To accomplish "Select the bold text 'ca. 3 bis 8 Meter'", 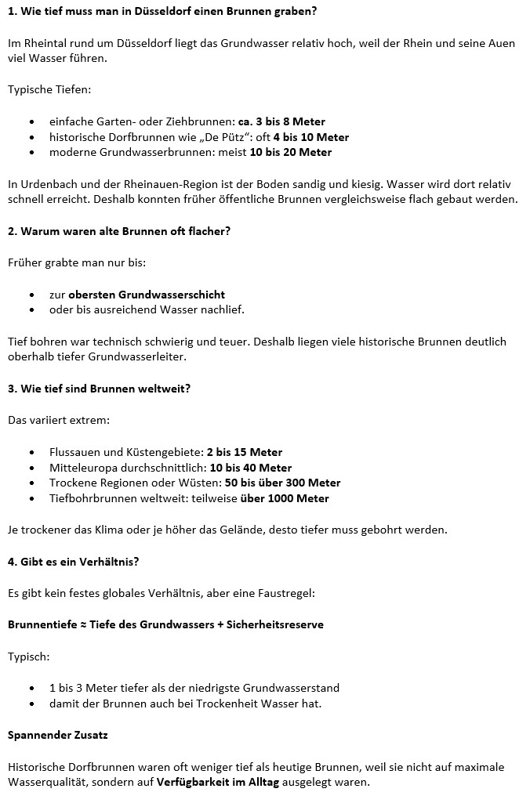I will tap(281, 121).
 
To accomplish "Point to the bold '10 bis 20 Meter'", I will tap(289, 152).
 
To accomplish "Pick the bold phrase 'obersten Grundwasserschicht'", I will tap(147, 295).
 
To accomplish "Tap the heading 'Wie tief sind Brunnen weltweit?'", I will tap(105, 389).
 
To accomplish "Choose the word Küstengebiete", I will tap(162, 452).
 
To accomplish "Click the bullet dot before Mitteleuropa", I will tap(31, 468).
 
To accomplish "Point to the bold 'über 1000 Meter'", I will tap(285, 498).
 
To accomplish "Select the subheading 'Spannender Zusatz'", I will tap(57, 735).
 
